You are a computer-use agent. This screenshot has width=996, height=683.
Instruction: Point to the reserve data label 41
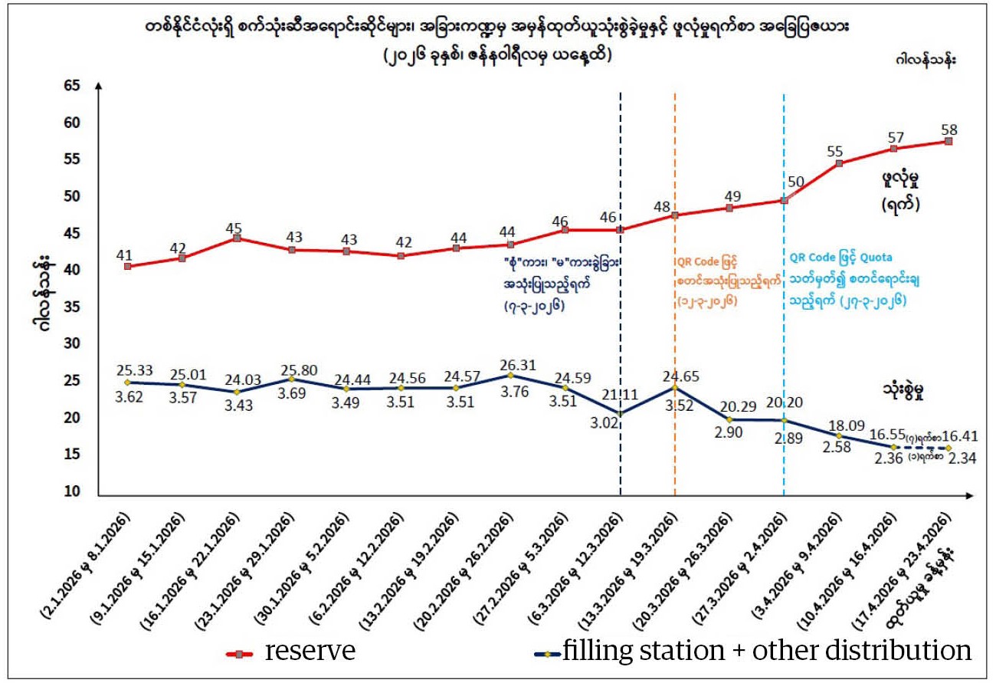[126, 254]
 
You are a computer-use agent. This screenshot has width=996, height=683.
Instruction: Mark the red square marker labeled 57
[893, 149]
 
